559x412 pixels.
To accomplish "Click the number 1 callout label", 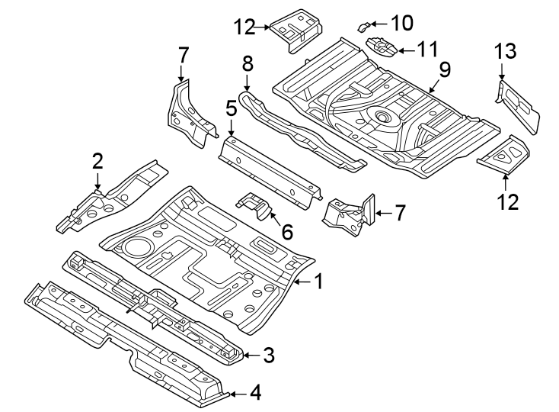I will [x=319, y=282].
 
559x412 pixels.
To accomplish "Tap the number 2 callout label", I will [x=97, y=160].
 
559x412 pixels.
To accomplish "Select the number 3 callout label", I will [x=269, y=355].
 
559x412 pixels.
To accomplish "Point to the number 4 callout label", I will [x=255, y=394].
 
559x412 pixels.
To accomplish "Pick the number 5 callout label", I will [x=231, y=110].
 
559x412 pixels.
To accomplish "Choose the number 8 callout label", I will [x=247, y=63].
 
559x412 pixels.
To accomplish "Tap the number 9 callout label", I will [x=444, y=69].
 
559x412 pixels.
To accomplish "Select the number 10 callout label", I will [x=400, y=23].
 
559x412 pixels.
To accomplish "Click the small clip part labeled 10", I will [x=364, y=26].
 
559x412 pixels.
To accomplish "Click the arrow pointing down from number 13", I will [x=502, y=72].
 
